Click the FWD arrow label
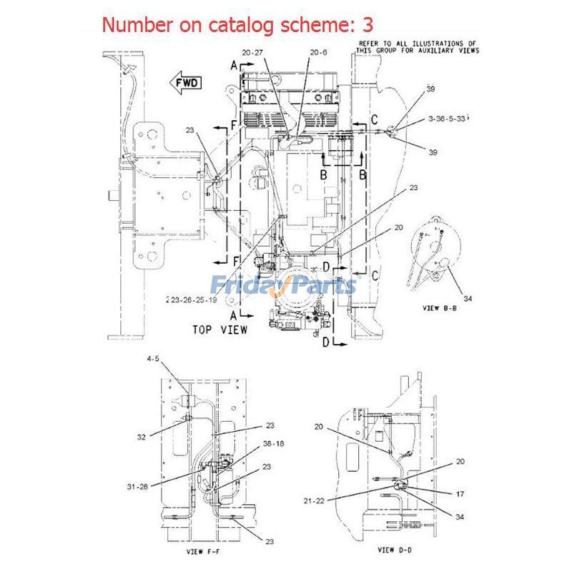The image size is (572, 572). tap(185, 83)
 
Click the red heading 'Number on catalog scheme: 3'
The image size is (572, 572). tap(237, 24)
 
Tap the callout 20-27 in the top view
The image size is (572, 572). tap(253, 52)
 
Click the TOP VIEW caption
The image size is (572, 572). tap(220, 330)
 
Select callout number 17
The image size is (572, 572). tap(460, 493)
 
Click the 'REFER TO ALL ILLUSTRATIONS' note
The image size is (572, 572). tap(417, 47)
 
